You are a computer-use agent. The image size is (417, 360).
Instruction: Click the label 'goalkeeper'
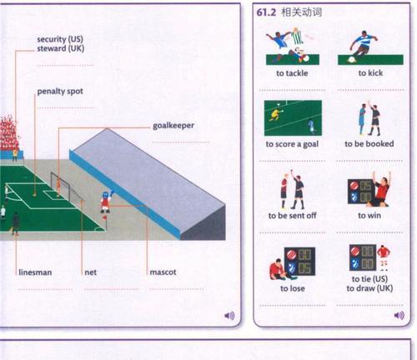point(173,126)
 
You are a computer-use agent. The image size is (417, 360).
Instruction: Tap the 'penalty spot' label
point(60,92)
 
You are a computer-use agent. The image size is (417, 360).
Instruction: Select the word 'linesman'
point(35,272)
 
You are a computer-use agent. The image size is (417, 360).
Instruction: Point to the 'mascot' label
point(163,272)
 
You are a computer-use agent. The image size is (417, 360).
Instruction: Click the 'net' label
point(91,272)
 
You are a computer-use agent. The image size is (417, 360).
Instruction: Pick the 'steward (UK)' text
point(61,48)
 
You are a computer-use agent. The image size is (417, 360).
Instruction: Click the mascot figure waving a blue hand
point(107,201)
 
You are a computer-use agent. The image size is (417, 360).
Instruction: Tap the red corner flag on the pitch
point(105,218)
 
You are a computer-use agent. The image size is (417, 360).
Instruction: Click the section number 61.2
point(266,12)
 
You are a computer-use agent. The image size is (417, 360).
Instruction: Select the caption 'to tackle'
point(292,73)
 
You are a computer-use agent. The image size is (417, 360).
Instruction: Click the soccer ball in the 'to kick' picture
point(352,59)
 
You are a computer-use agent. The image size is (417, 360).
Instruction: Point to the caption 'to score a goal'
point(292,144)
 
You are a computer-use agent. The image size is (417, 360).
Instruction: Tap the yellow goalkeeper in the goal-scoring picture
point(275,114)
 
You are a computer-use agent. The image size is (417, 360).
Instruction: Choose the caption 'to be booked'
point(369,144)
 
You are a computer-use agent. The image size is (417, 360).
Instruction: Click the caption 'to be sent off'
point(292,216)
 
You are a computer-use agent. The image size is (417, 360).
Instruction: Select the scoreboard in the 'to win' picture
point(360,192)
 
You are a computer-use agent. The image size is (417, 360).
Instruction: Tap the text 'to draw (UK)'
point(369,288)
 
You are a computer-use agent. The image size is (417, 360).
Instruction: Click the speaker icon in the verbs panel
point(399,315)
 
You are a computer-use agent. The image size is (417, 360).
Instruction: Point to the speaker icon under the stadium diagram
point(229,316)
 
